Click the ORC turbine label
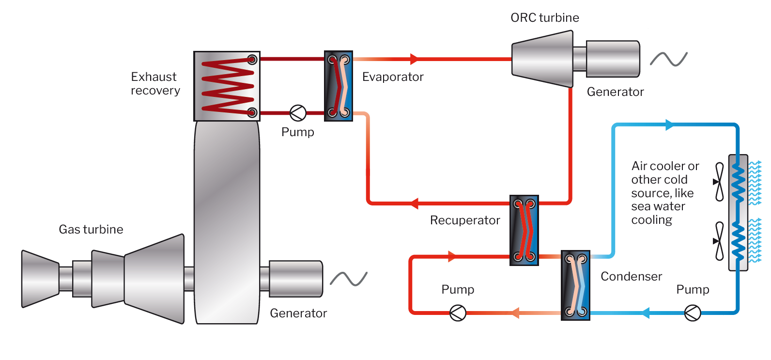(545, 18)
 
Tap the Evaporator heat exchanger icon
(338, 86)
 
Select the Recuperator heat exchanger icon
(524, 230)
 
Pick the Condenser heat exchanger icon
(575, 285)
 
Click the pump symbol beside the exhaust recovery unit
(298, 113)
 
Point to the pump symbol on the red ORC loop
(458, 313)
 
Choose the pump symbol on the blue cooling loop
(693, 313)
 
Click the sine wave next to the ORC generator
(669, 59)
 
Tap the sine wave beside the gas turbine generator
(349, 279)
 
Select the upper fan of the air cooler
(720, 182)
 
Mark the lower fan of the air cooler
(720, 241)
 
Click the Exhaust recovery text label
(155, 83)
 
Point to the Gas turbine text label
(91, 229)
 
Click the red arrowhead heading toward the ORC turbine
(414, 59)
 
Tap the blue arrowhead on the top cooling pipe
(669, 125)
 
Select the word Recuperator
(465, 220)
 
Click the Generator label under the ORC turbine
(615, 92)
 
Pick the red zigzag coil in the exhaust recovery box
(227, 86)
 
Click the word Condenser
(631, 277)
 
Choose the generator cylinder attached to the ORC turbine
(613, 59)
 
